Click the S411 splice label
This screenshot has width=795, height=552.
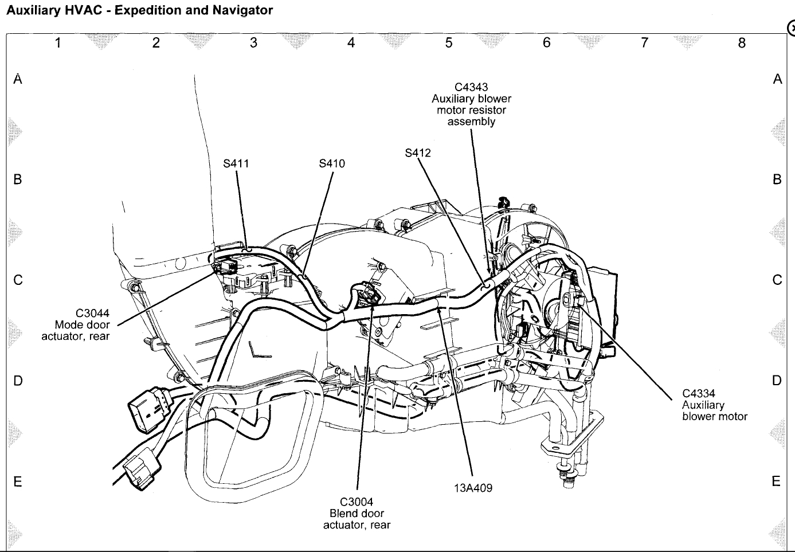(236, 163)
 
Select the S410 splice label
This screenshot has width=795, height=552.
(332, 163)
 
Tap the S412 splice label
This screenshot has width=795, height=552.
(417, 153)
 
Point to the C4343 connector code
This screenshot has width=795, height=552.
(471, 87)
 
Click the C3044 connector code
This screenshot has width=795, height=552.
(92, 314)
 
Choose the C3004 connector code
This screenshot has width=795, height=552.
(357, 502)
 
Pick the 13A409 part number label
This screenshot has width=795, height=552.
(473, 488)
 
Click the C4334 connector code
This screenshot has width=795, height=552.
(698, 394)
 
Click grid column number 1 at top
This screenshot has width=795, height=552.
(58, 42)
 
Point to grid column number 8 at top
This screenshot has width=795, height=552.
(742, 42)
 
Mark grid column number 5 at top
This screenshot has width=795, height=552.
(449, 42)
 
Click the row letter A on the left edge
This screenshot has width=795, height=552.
(18, 79)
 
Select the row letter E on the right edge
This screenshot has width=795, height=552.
(776, 481)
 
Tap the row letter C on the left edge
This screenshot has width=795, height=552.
(18, 280)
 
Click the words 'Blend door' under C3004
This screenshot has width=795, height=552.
(357, 514)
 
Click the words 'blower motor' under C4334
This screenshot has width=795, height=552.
(715, 417)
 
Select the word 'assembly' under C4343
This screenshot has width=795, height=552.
(471, 122)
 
